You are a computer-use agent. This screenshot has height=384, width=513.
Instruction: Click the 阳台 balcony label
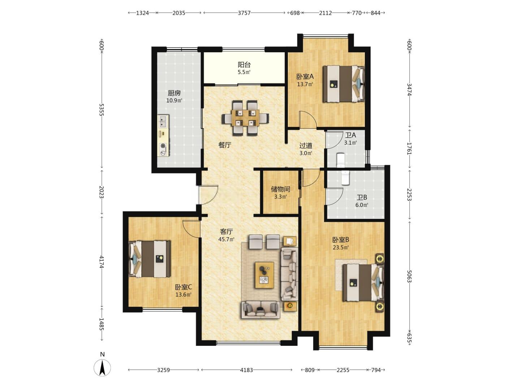[x=244, y=65]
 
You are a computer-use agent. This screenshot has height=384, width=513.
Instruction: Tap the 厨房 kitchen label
[x=174, y=93]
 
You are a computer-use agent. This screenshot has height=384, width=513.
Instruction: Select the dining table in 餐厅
[x=245, y=118]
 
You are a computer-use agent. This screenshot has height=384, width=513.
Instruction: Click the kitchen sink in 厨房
[x=163, y=121]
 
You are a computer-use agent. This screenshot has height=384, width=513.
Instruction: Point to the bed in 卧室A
[x=344, y=84]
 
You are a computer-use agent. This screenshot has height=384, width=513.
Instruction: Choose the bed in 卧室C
[x=150, y=259]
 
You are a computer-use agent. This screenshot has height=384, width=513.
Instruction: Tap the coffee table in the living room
[x=264, y=275]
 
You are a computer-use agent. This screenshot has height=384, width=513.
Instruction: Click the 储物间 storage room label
[x=280, y=189]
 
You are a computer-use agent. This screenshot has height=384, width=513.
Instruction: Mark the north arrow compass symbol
[x=102, y=368]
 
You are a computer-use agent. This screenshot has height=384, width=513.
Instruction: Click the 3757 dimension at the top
[x=244, y=13]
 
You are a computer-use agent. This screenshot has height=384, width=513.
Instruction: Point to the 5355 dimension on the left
[x=102, y=110]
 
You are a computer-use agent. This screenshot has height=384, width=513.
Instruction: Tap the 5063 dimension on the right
[x=409, y=276]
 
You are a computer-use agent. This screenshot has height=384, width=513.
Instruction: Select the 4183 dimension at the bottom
[x=247, y=370]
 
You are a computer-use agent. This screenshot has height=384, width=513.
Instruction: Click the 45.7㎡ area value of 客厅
[x=226, y=239]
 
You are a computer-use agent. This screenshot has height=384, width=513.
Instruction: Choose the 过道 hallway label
[x=306, y=146]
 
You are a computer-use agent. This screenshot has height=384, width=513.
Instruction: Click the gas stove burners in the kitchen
[x=163, y=149]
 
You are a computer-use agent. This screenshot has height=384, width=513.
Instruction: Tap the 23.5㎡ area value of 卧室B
[x=341, y=247]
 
